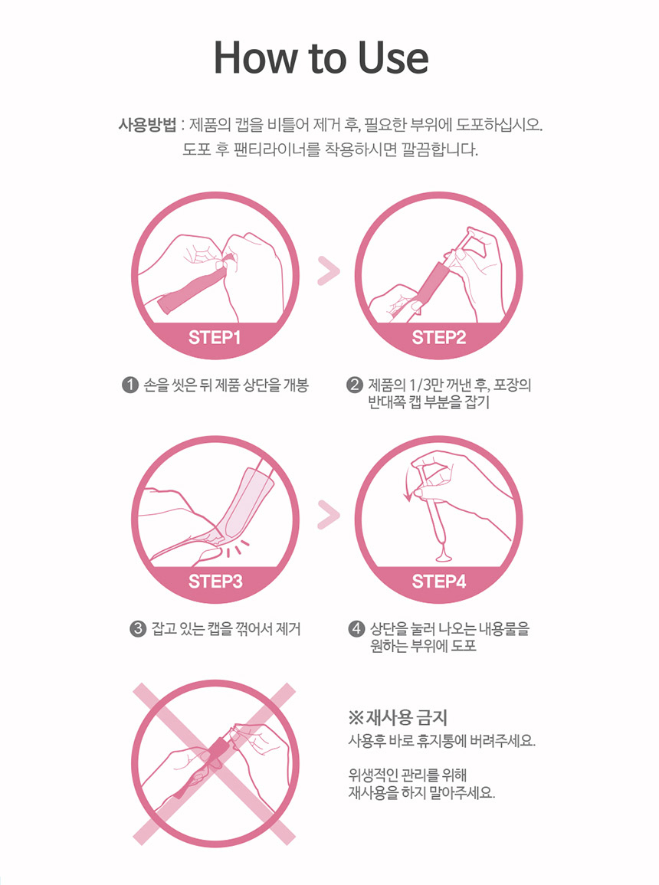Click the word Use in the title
(x=393, y=57)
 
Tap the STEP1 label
(x=215, y=337)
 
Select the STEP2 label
(x=438, y=337)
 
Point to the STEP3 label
(x=215, y=582)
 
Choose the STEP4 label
(x=439, y=582)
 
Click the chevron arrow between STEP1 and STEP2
(x=329, y=271)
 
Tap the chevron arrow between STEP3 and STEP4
(x=329, y=514)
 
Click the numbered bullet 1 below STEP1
(x=130, y=385)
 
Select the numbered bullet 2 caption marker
(x=354, y=385)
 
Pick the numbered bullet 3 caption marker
(x=138, y=629)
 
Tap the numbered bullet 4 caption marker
(x=356, y=629)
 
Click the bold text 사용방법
(x=147, y=125)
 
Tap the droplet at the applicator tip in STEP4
(x=444, y=556)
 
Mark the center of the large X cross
(x=215, y=764)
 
